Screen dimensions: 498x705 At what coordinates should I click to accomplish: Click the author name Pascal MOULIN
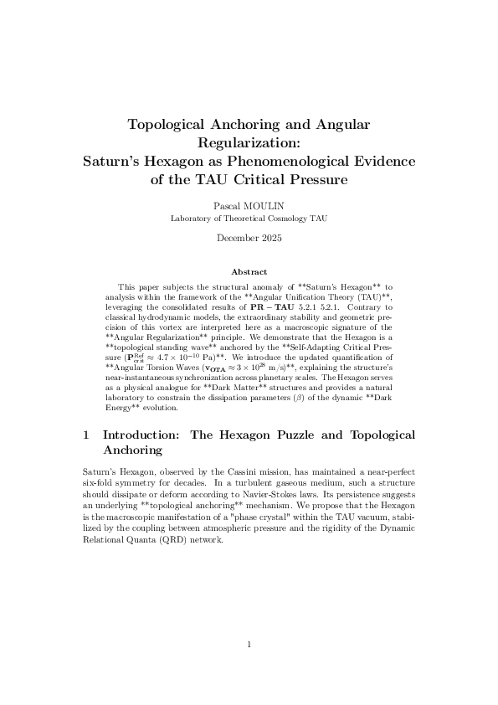249,205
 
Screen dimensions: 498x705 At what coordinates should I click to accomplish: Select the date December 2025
249,238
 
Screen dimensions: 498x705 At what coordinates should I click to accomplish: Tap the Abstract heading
249,271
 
